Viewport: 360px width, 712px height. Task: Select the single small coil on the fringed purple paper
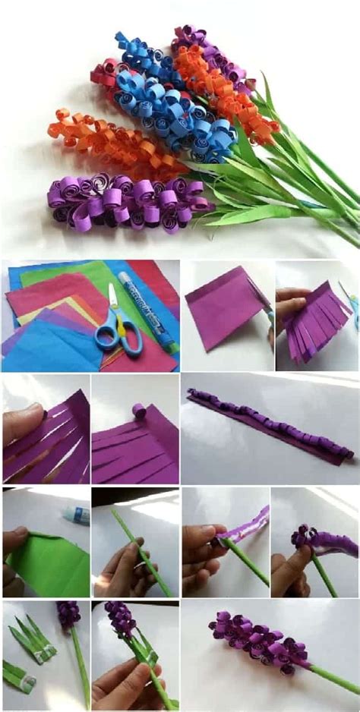138,411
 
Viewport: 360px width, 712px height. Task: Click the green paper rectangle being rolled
49,562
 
